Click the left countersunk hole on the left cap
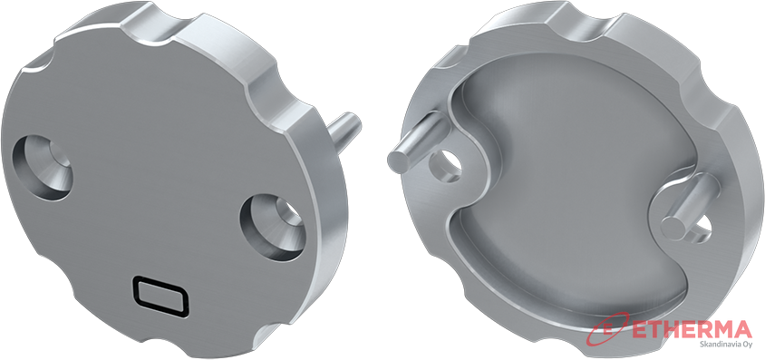click(42, 167)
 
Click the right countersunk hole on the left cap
click(273, 227)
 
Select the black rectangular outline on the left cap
click(160, 297)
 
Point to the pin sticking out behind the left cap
click(343, 129)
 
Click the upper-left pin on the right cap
click(418, 141)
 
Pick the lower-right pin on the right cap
click(685, 208)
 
